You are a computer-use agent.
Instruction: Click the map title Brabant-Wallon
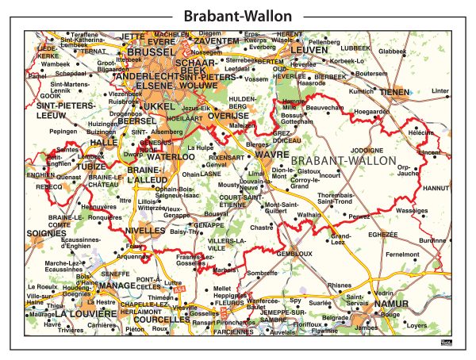pyautogui.click(x=237, y=16)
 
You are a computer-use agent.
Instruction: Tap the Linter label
pyautogui.click(x=462, y=91)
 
